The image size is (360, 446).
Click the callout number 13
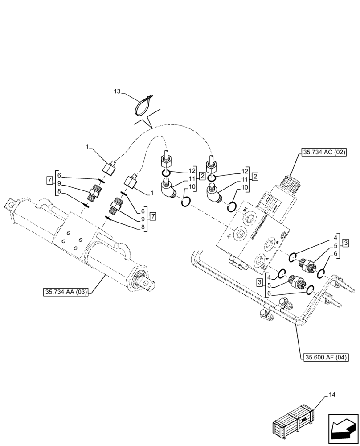(117, 91)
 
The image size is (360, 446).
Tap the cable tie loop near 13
(144, 105)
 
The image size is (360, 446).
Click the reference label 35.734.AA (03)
(66, 292)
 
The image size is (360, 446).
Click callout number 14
(332, 395)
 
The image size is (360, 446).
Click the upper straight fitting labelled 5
(307, 263)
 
